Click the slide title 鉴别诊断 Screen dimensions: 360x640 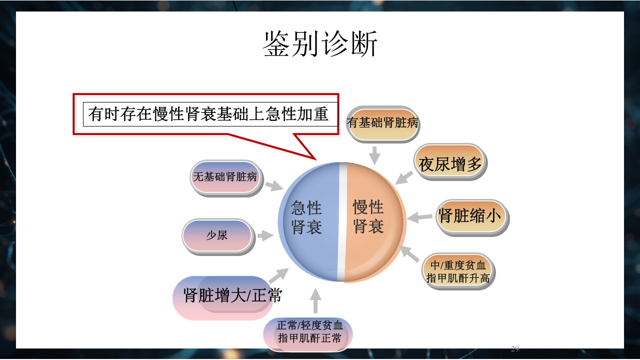point(320,44)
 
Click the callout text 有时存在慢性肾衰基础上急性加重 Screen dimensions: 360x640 point(209,113)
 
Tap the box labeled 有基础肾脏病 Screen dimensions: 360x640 point(382,123)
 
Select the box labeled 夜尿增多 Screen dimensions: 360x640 point(450,164)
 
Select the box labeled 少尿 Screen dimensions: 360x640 point(217,235)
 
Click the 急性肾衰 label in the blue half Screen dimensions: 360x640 point(306,217)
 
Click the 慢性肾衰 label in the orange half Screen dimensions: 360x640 point(368,216)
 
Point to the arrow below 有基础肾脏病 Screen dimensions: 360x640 point(374,155)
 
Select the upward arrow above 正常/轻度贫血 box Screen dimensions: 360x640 point(315,301)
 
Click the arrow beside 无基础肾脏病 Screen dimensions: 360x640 point(274,186)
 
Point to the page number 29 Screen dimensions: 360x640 point(515,348)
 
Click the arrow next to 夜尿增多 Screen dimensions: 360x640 point(404,177)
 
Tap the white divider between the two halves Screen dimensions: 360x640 point(342,222)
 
